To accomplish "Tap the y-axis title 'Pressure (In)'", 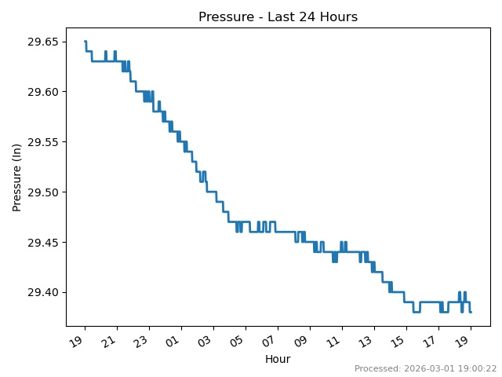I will tap(17, 177).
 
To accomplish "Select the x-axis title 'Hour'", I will tap(278, 359).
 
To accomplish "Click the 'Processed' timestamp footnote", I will tap(425, 368).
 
